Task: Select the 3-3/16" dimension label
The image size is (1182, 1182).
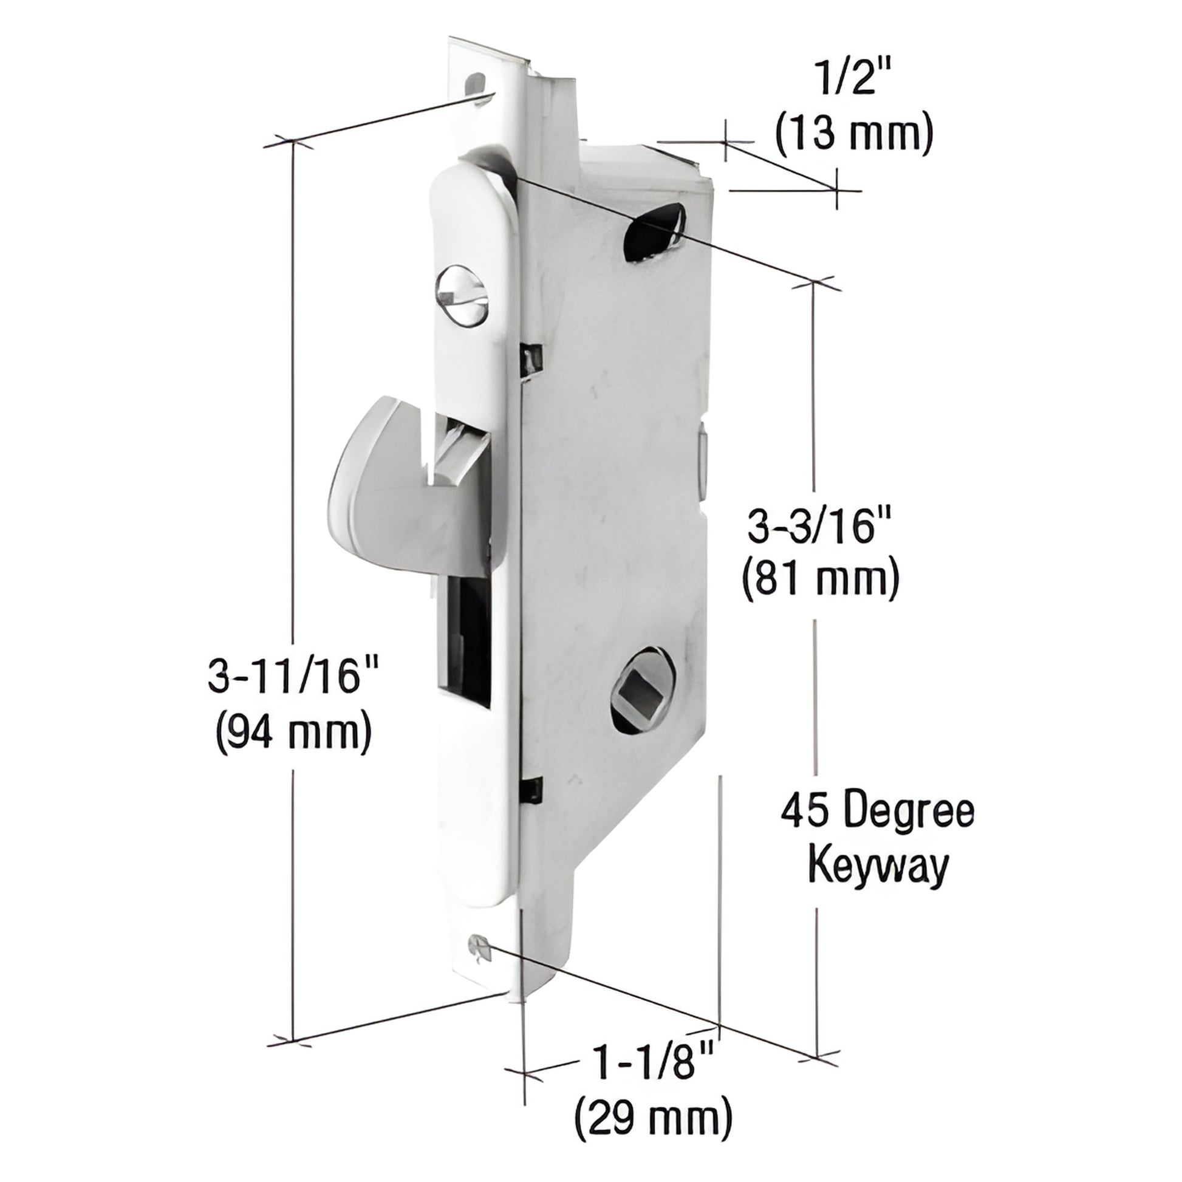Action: click(x=821, y=528)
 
